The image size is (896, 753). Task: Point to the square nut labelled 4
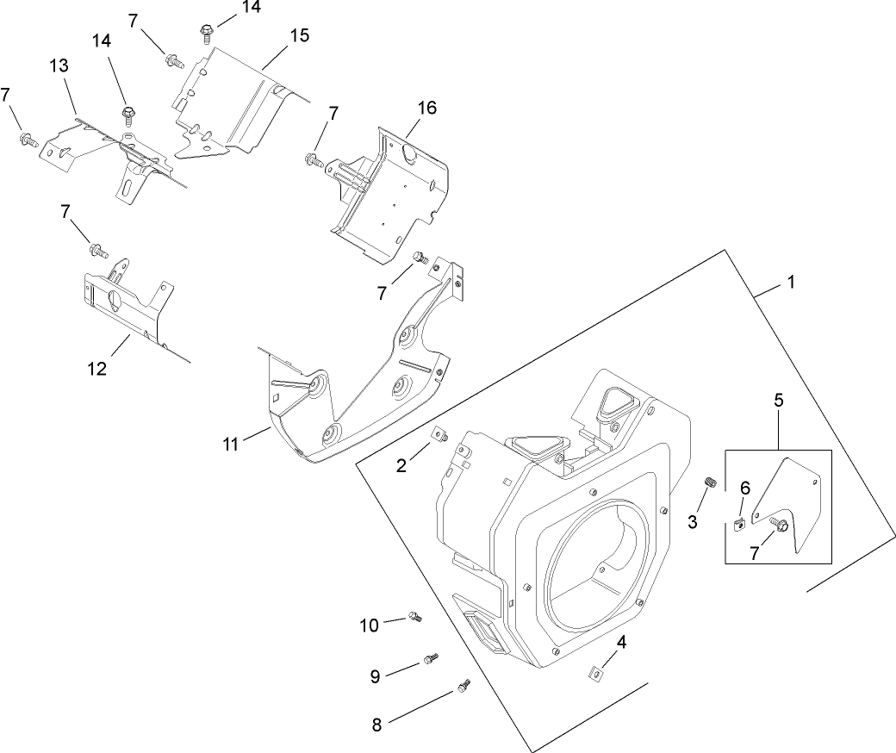[594, 671]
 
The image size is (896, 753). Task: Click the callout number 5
[778, 401]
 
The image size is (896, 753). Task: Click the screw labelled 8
[464, 686]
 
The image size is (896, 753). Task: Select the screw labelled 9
[430, 659]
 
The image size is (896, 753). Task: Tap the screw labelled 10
[416, 616]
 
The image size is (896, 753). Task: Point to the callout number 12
[96, 368]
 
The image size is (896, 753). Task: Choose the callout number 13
[59, 66]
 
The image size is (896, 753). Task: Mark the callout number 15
[299, 36]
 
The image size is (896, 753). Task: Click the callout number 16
[426, 108]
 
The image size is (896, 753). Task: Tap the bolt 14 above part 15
[207, 34]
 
